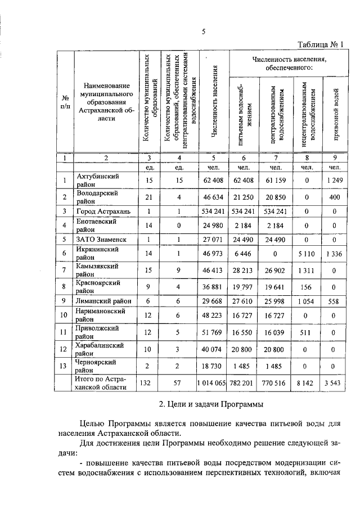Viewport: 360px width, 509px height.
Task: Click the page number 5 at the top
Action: [204, 32]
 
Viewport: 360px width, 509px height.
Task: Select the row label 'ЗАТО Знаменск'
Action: [102, 240]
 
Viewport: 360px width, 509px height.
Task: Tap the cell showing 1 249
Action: [334, 181]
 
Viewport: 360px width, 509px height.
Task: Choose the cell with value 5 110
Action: [306, 254]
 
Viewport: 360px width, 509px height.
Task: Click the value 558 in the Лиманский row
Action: [334, 301]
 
